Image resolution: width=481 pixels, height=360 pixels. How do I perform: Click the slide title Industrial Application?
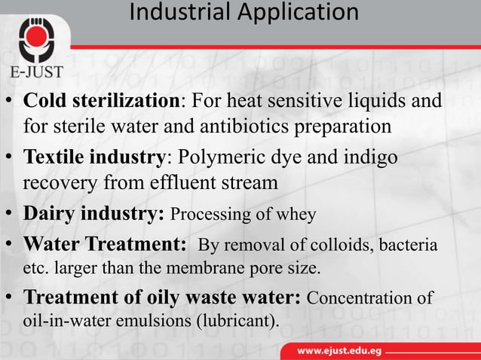coord(244,13)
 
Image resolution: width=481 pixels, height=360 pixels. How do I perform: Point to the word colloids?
coord(340,246)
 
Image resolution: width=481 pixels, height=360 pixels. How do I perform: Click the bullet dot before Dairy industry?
coord(10,215)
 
